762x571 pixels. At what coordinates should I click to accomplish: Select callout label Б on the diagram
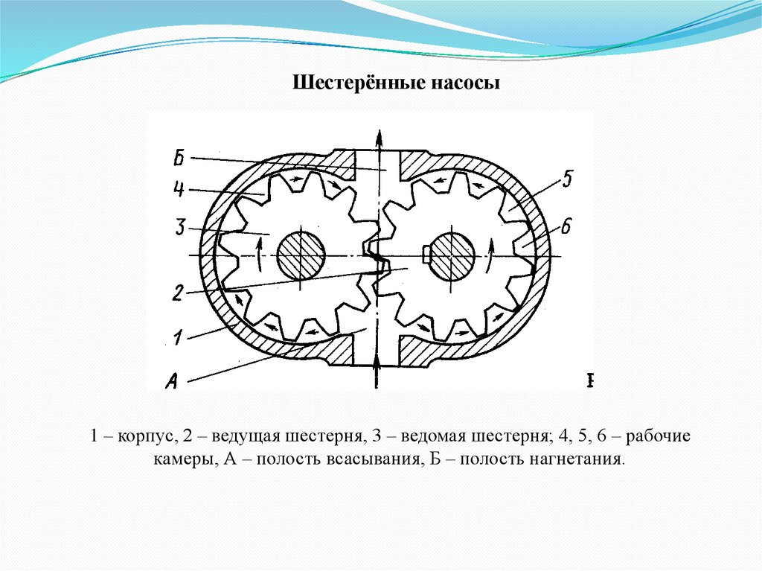179,158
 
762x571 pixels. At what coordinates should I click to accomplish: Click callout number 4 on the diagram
179,190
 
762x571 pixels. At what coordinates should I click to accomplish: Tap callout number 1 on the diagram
177,339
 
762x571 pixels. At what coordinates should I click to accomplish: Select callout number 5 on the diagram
566,179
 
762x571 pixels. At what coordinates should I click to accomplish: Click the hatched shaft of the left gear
301,255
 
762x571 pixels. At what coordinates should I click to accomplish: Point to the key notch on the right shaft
425,255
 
